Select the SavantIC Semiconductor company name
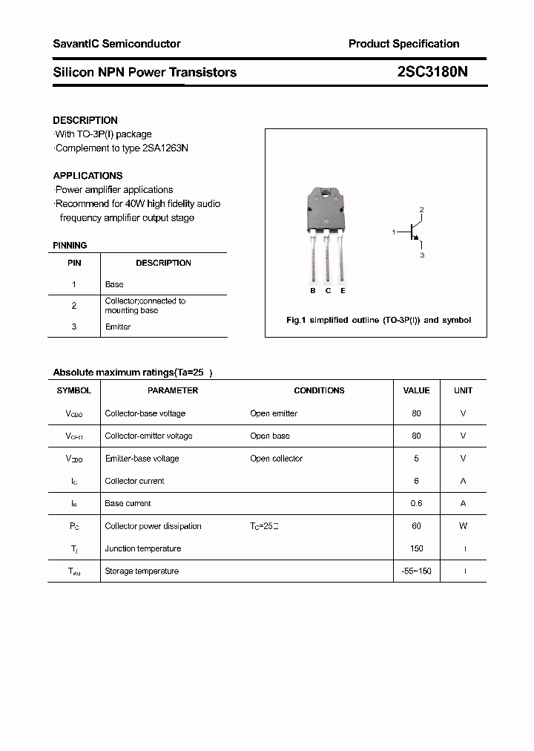click(116, 44)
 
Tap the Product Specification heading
click(403, 44)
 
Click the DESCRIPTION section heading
click(85, 120)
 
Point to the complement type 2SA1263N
click(165, 148)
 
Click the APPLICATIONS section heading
click(88, 176)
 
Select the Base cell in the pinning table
click(114, 284)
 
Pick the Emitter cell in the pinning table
click(118, 327)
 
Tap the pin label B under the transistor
click(313, 291)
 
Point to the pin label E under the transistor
click(343, 291)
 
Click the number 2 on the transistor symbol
click(421, 210)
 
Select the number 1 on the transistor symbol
click(394, 233)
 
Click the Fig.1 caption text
click(378, 321)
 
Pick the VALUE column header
click(416, 390)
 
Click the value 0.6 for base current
click(416, 503)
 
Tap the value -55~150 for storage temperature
click(416, 571)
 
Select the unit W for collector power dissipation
click(463, 526)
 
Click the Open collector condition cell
click(276, 459)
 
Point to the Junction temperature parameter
click(143, 548)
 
